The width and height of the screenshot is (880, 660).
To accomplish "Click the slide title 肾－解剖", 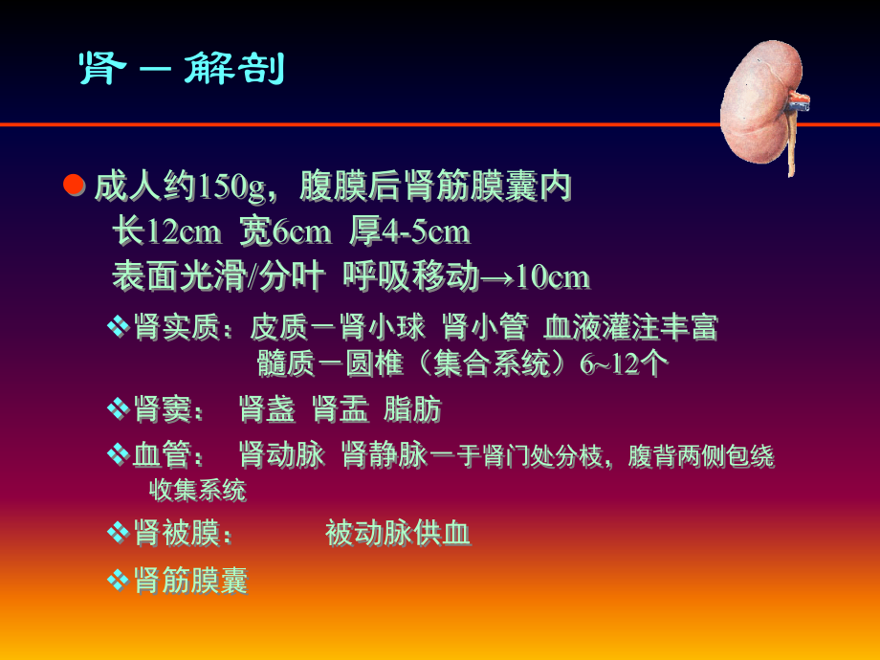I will click(181, 69).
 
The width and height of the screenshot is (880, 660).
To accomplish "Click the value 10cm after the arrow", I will click(553, 277).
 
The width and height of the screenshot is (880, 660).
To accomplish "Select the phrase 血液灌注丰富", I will click(630, 328).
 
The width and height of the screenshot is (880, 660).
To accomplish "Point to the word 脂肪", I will click(412, 410).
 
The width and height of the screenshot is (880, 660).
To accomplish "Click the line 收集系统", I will click(198, 491).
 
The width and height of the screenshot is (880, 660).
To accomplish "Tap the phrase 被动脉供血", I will click(398, 534).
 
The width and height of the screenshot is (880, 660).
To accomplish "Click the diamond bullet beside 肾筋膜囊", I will click(117, 580).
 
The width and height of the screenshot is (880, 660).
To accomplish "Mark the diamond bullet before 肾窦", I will click(117, 410).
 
